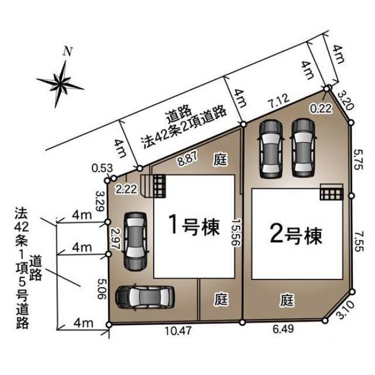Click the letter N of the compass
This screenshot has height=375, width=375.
[x=68, y=52]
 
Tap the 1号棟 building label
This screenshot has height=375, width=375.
[x=194, y=225]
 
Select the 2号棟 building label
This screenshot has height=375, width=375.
[x=296, y=235]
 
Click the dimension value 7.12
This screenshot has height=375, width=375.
[x=278, y=100]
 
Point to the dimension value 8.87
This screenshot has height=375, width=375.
[x=187, y=159]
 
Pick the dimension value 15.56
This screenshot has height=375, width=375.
[x=236, y=232]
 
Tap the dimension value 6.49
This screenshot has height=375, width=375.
[x=283, y=329]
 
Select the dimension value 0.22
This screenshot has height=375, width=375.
[x=321, y=108]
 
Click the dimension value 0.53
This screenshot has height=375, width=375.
[x=102, y=168]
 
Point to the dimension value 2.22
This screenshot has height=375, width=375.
[x=127, y=189]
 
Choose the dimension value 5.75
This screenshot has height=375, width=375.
[x=359, y=159]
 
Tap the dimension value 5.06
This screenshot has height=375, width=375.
[x=101, y=289]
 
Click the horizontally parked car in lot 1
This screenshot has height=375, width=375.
[x=145, y=297]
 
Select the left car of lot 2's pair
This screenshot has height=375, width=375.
[x=271, y=149]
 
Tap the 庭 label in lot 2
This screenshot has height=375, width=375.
[x=287, y=300]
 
